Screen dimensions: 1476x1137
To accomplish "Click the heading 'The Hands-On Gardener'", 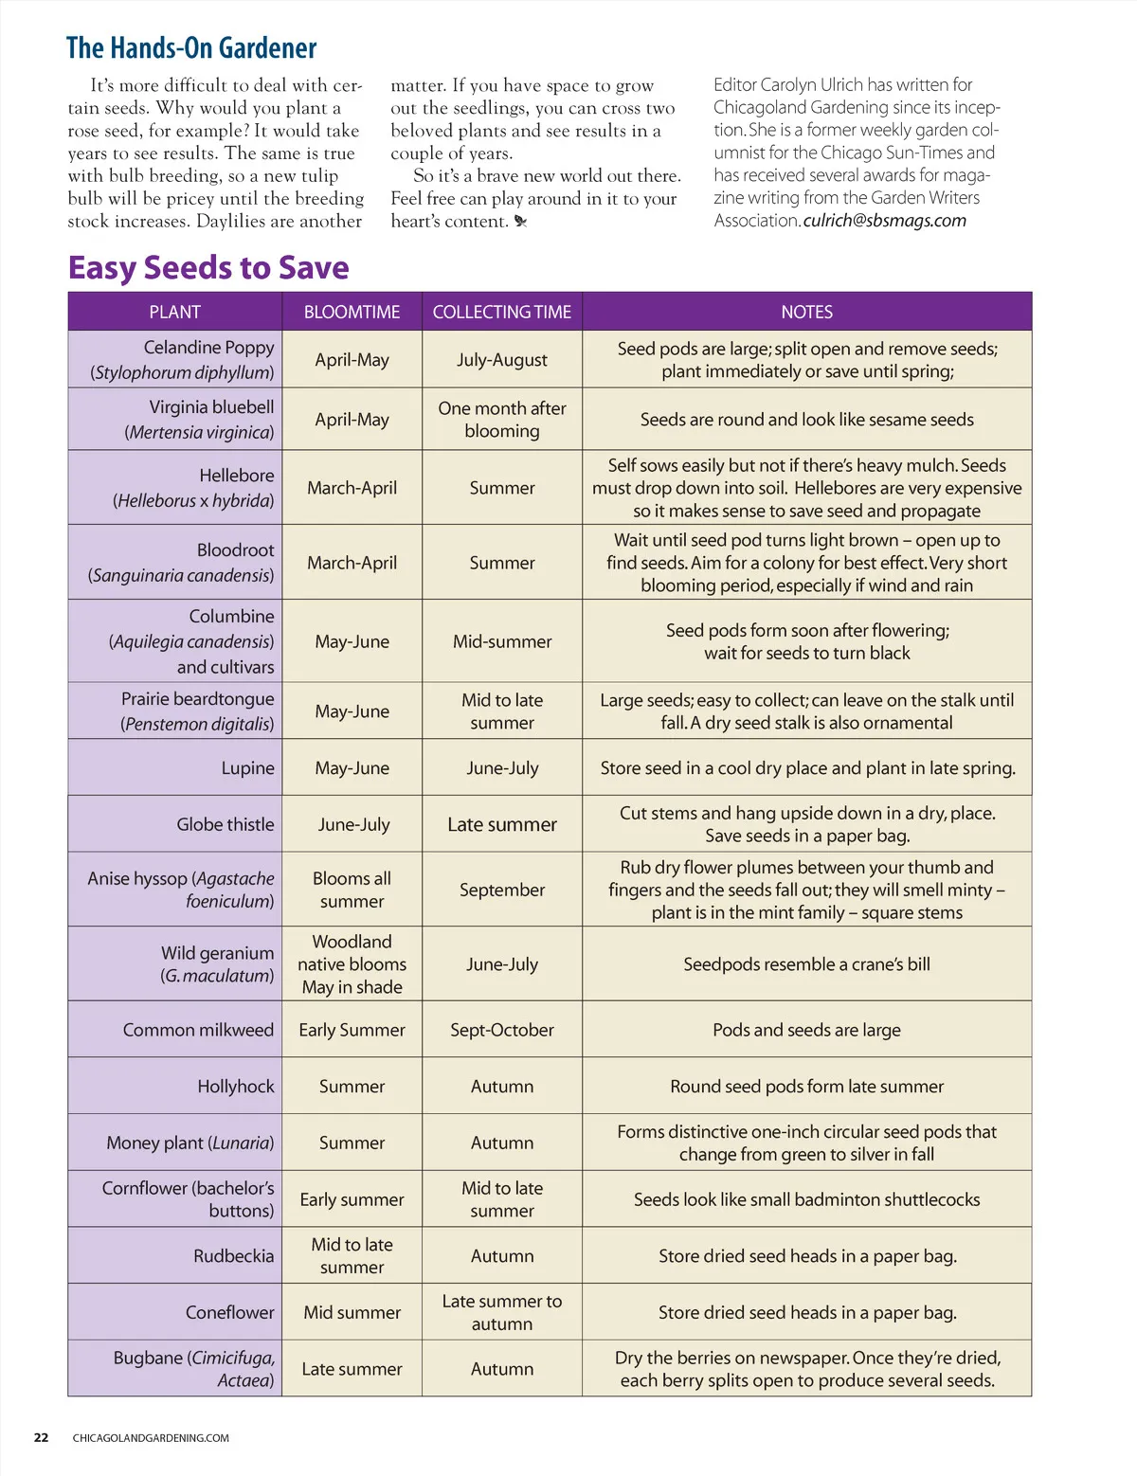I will pyautogui.click(x=191, y=47).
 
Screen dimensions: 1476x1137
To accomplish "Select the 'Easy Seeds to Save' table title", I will pyautogui.click(x=208, y=268).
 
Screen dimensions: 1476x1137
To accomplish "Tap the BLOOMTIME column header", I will pyautogui.click(x=352, y=312).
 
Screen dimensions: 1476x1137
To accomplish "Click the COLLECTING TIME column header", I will pyautogui.click(x=502, y=312).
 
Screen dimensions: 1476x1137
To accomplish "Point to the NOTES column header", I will pyautogui.click(x=806, y=312).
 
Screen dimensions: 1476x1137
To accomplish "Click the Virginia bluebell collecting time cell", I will pyautogui.click(x=502, y=420).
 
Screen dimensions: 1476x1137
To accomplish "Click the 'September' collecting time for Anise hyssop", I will pyautogui.click(x=502, y=890).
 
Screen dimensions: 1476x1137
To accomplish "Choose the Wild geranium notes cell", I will pyautogui.click(x=806, y=964).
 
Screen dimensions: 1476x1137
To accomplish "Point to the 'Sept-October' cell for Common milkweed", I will pyautogui.click(x=502, y=1030).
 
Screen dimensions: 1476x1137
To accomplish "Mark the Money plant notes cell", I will pyautogui.click(x=806, y=1143).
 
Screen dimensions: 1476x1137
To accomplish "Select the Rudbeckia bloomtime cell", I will pyautogui.click(x=352, y=1255).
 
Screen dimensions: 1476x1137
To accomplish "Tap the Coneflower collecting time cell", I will pyautogui.click(x=502, y=1312).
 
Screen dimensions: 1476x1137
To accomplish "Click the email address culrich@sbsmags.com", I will pyautogui.click(x=885, y=221).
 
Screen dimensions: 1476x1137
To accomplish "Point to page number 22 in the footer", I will pyautogui.click(x=41, y=1437).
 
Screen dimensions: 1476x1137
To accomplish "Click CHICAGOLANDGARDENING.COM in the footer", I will pyautogui.click(x=151, y=1438).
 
